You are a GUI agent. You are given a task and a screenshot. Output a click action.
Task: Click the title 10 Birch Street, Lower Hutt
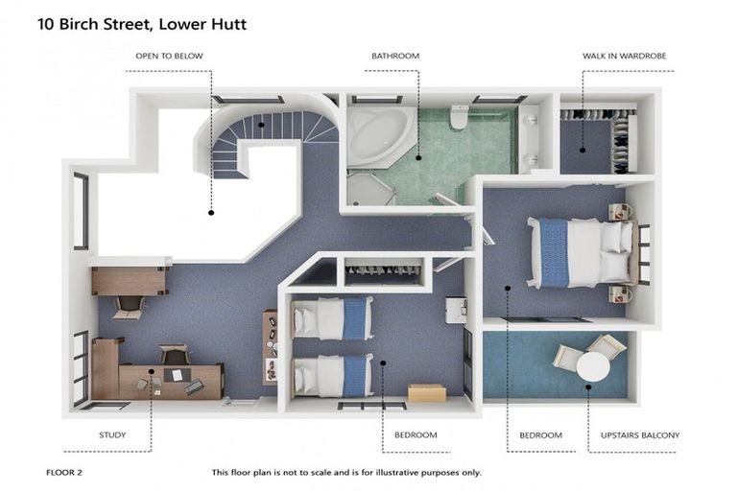click(142, 24)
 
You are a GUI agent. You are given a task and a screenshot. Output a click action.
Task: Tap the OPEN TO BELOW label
click(169, 57)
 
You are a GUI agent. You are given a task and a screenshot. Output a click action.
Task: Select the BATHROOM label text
click(395, 57)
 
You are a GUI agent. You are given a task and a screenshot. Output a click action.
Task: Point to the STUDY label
click(112, 435)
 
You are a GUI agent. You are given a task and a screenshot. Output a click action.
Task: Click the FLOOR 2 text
click(64, 473)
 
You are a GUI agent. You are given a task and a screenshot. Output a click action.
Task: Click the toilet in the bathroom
click(459, 116)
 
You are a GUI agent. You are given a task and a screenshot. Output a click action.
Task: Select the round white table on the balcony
click(593, 365)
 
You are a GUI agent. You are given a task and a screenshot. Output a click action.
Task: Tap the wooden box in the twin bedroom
click(426, 393)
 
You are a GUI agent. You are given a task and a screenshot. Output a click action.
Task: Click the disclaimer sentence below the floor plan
click(346, 473)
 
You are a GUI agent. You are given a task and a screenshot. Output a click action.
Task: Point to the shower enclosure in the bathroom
click(368, 188)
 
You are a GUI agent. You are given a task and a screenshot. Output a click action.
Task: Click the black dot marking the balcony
click(589, 386)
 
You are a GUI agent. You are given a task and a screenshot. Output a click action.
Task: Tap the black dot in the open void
click(211, 212)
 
